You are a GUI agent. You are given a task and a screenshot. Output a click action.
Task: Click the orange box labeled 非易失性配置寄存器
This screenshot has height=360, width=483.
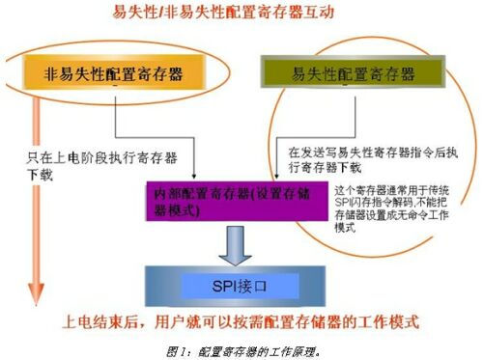pyautogui.click(x=115, y=73)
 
